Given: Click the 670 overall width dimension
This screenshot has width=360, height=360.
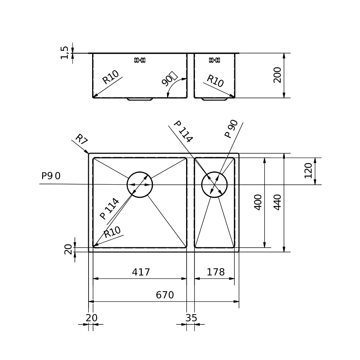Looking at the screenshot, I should pos(165,295).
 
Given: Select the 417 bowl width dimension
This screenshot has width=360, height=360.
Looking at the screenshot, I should pos(141,272).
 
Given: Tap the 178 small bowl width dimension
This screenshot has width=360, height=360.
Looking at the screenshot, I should pos(216,272).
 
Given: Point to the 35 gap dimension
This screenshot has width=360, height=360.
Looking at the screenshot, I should pos(191,318).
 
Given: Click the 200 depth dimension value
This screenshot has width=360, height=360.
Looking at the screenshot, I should pos(278,75).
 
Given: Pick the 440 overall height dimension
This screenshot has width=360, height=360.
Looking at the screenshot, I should pos(278,202).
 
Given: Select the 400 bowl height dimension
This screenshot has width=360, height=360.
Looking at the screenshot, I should pos(258,202).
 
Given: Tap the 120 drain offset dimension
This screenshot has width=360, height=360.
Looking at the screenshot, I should pos(309,171).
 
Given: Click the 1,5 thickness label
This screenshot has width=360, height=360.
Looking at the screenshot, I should pos(64,53).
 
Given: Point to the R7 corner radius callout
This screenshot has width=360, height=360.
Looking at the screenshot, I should pos(81,139).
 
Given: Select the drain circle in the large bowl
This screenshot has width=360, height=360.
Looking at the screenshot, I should pos(140,185).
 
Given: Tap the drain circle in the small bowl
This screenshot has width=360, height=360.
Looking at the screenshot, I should pos(214,185).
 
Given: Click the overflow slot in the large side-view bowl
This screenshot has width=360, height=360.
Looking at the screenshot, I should pos(140,60).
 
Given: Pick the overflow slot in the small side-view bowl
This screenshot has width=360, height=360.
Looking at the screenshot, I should pos(214,60).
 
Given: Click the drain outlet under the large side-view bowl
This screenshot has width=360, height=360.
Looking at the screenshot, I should pos(140,99).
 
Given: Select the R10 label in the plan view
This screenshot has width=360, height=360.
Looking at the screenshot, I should pos(112,232).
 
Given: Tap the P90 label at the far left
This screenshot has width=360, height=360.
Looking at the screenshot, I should pos(51,176).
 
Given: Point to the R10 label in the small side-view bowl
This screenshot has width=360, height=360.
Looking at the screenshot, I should pos(215,81).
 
